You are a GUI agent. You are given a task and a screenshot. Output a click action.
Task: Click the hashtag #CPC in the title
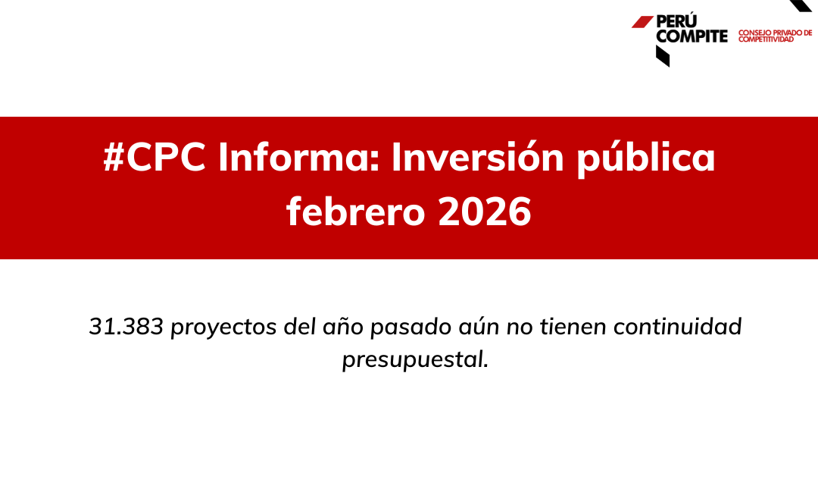tap(155, 157)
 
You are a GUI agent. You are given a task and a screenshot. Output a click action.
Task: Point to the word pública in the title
tap(646, 158)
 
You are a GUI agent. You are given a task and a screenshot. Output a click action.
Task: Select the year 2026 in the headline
tap(485, 212)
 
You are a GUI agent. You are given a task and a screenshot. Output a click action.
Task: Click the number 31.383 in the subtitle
tap(126, 327)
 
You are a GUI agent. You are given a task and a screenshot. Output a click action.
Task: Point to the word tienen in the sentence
tap(573, 327)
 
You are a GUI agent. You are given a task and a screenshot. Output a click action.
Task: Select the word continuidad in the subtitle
tap(678, 327)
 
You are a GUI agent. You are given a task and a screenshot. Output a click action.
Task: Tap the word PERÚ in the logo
tap(676, 21)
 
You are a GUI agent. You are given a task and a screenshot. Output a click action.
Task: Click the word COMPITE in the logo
tap(692, 36)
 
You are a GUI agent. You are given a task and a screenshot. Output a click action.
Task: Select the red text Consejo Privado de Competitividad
tap(776, 36)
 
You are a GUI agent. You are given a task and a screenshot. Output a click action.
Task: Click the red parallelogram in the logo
tap(643, 22)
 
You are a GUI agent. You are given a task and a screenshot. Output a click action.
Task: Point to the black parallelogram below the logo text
tap(663, 56)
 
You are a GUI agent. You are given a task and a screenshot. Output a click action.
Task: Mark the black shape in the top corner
tap(802, 5)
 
